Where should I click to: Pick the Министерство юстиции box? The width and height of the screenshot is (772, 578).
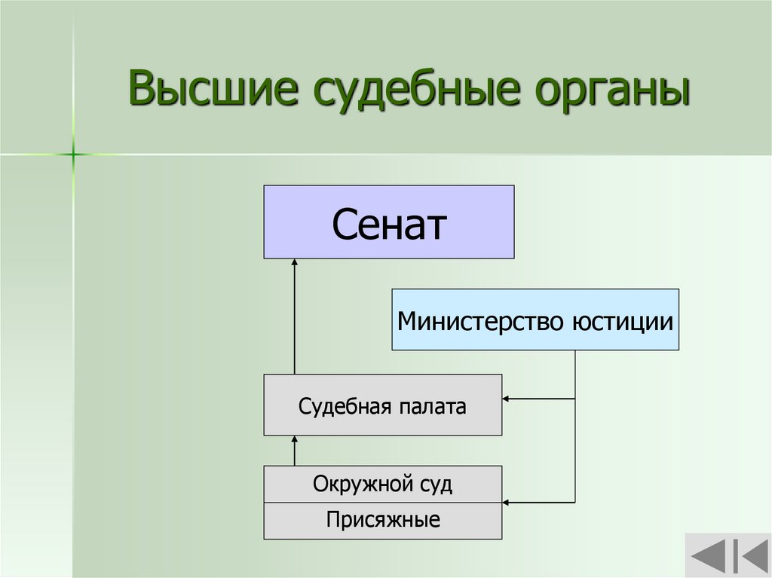[535, 319]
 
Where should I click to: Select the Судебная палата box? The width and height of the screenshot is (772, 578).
[382, 405]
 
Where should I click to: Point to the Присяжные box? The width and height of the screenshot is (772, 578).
[382, 520]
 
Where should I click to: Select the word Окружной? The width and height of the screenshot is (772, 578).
[354, 484]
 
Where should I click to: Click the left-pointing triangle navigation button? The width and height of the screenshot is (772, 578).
[708, 558]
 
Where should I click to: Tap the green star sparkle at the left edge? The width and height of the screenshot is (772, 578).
[74, 154]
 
